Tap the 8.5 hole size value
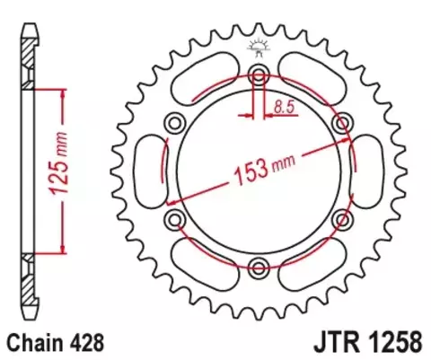coord(284,108)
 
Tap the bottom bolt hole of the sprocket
coord(259,265)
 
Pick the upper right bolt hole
coord(341,121)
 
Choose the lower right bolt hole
coord(341,218)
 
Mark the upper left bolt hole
coord(175,121)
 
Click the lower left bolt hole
coord(175,218)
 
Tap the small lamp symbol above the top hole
coord(259,48)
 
